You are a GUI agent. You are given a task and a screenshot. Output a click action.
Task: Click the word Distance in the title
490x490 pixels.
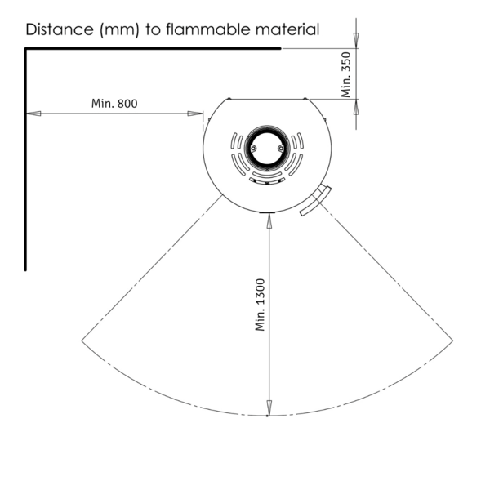[60, 29]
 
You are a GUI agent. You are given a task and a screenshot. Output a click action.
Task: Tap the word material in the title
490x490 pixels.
[287, 29]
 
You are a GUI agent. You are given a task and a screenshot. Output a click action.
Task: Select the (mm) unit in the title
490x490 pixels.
[119, 30]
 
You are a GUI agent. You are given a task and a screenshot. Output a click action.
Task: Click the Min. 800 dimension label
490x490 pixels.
[114, 104]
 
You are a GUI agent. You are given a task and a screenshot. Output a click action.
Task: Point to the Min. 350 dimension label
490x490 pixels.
[346, 74]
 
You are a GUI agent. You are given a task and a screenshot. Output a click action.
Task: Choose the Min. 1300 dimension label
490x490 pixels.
[260, 305]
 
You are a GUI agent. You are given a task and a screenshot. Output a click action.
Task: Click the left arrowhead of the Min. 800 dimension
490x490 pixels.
[33, 114]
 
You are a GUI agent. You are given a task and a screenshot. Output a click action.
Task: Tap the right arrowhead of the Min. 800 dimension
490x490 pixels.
[195, 114]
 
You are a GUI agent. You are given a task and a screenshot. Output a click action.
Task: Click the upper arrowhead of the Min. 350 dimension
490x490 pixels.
[356, 41]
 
